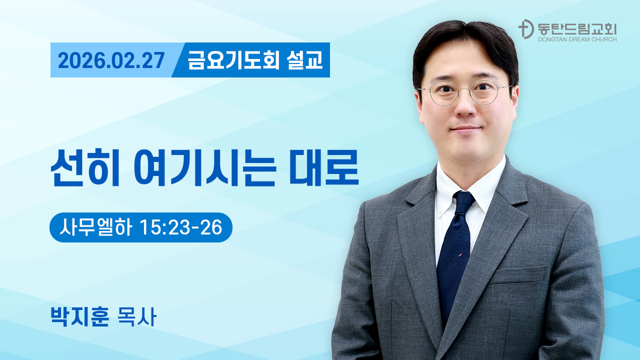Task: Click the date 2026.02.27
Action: pos(111,60)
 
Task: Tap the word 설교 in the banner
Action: pos(305,60)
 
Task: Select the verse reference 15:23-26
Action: pos(181,227)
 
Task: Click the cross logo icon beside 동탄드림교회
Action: pos(525,29)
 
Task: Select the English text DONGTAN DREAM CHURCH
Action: pos(576,39)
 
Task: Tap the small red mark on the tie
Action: pos(460,254)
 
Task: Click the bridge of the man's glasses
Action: pos(464,90)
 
